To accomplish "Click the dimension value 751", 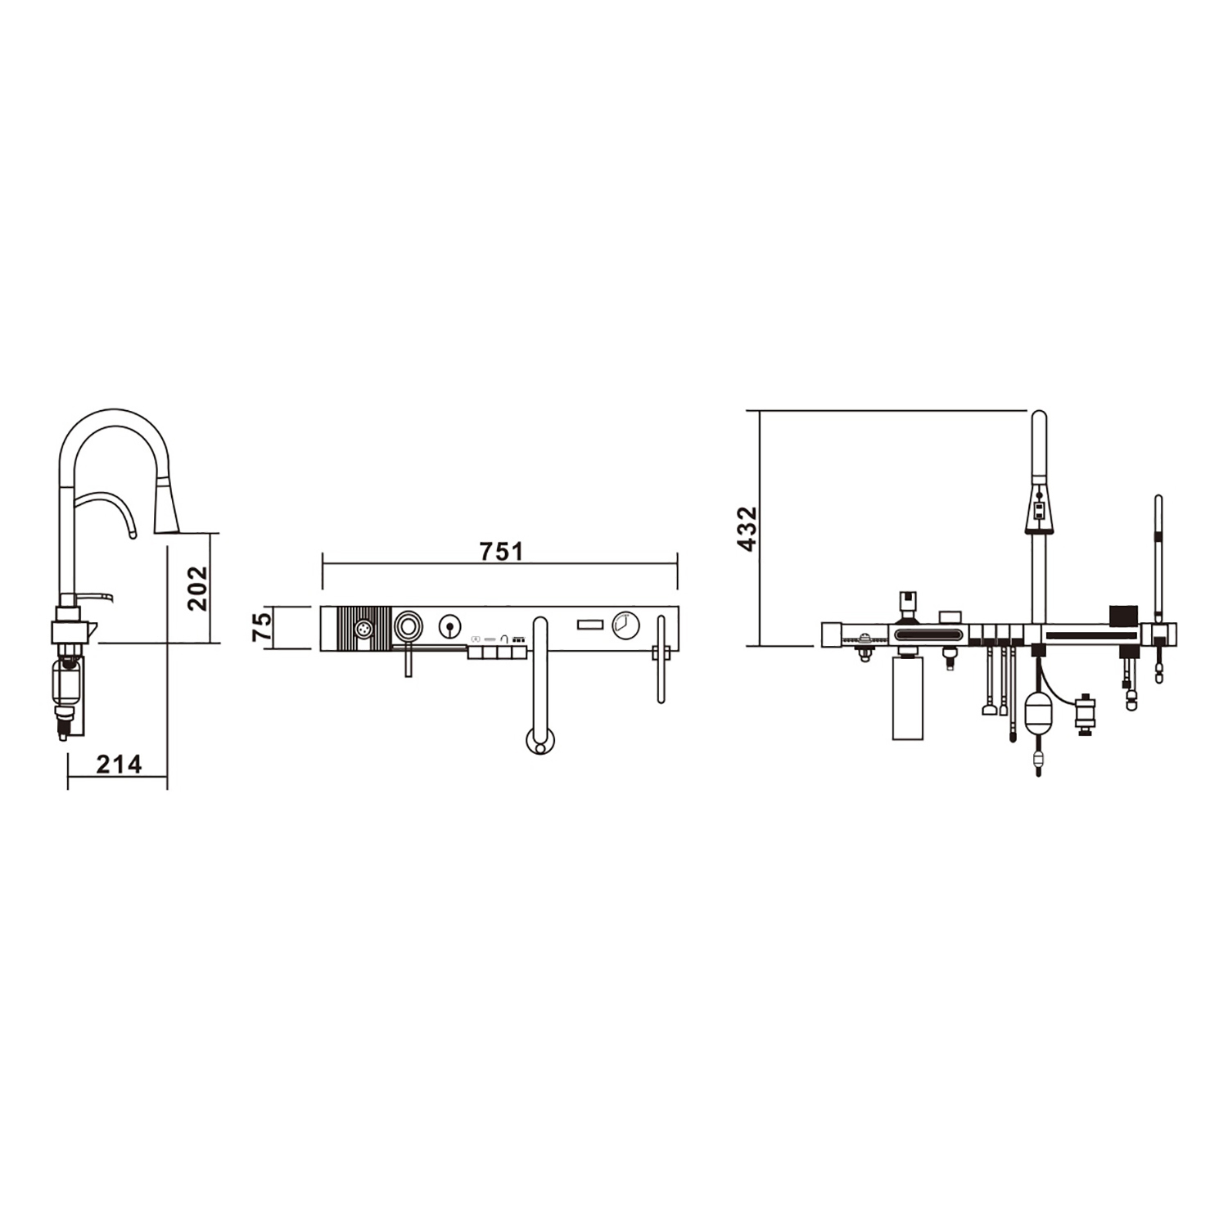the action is point(501,552).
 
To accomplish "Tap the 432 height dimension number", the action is point(747,529).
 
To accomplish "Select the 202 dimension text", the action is point(197,588).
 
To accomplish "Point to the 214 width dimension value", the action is point(120,764).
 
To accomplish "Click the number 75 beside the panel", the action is point(261,628).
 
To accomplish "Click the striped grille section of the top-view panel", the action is point(364,629).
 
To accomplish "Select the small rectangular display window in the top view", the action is point(589,625).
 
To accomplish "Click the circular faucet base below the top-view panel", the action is point(538,742).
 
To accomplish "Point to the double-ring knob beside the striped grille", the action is point(408,627).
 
